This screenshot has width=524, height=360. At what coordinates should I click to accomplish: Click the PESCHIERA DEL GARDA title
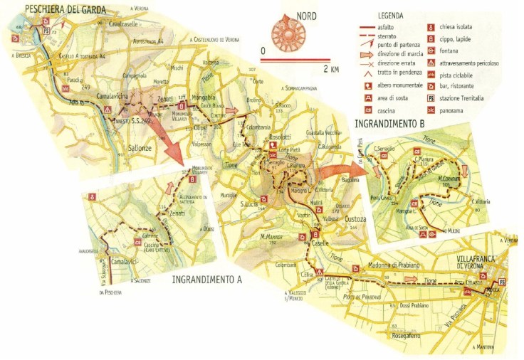tap(66, 9)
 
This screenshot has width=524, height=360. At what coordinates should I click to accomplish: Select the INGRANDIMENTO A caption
tap(207, 279)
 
